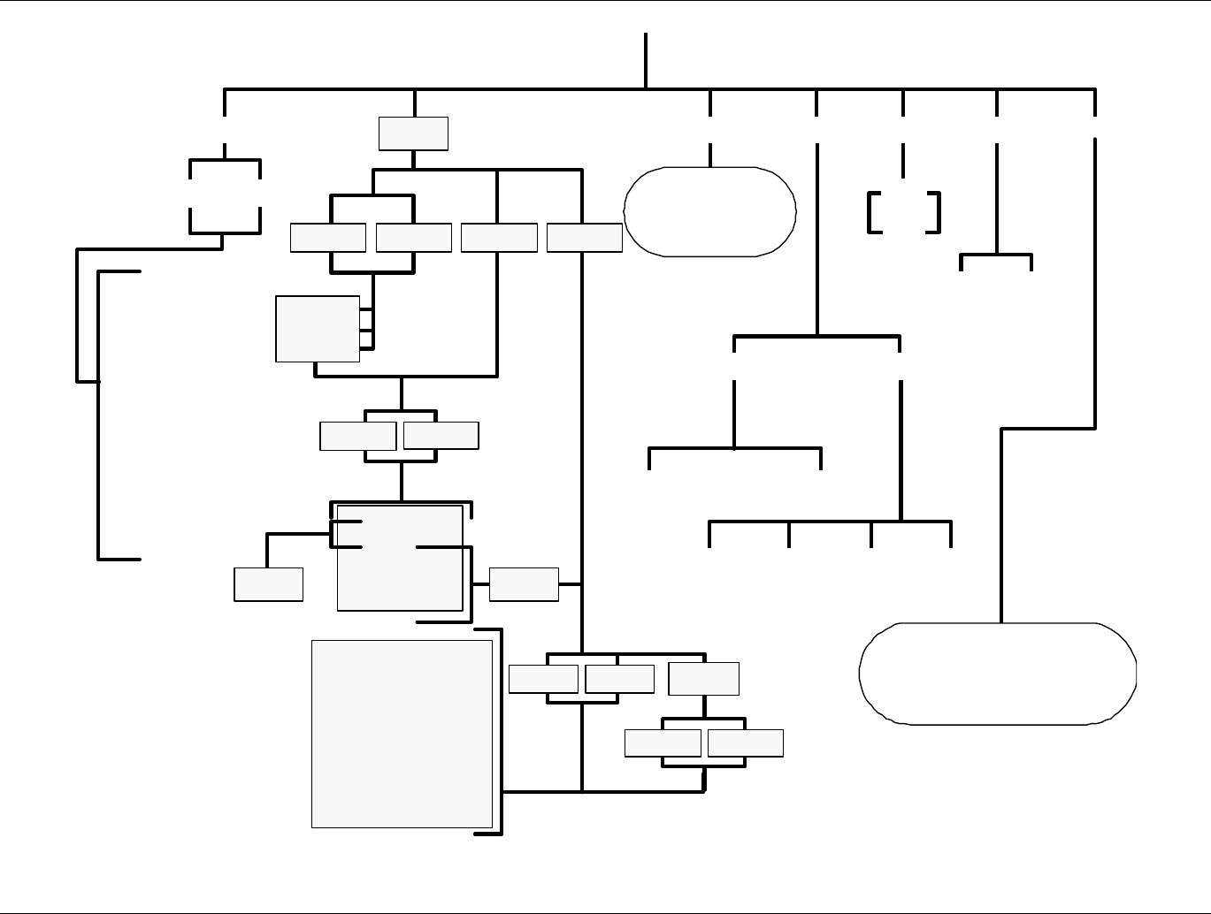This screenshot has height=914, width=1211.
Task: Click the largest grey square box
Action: (x=402, y=734)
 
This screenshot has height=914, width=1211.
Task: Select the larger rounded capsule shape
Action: (x=998, y=674)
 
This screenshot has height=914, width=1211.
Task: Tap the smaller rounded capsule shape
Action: (x=709, y=211)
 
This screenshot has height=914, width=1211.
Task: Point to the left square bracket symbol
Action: (x=874, y=212)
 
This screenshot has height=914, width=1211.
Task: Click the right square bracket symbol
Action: (x=934, y=212)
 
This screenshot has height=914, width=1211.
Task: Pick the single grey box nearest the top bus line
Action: (x=413, y=133)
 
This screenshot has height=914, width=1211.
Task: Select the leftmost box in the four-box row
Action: (x=328, y=238)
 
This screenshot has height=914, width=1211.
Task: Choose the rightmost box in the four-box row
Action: (x=585, y=238)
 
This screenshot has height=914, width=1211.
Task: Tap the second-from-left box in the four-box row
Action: (x=414, y=238)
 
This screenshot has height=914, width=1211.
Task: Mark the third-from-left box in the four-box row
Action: (x=499, y=238)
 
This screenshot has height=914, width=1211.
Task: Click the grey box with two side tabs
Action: (x=318, y=329)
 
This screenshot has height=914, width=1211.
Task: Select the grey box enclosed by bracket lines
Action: (x=400, y=558)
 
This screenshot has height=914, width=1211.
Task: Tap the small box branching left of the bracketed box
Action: (x=269, y=584)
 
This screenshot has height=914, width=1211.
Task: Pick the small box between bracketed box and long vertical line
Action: (x=524, y=584)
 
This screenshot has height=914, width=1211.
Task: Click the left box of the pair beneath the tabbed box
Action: (x=357, y=436)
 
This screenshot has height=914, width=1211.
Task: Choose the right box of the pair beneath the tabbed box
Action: (x=441, y=436)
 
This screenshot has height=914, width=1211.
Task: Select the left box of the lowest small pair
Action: (x=663, y=743)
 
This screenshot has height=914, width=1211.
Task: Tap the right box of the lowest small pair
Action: (x=746, y=743)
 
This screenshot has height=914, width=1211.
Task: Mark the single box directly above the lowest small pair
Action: (x=704, y=679)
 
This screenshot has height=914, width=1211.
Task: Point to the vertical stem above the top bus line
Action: (x=646, y=60)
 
